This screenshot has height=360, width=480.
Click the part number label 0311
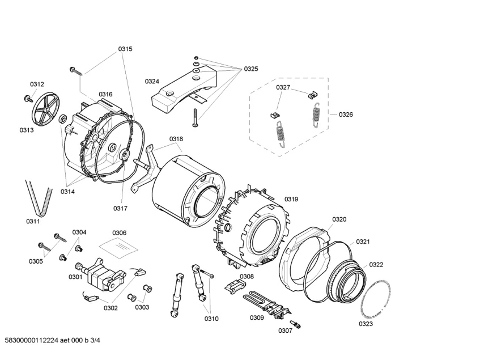click(33, 221)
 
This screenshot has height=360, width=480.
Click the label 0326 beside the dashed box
click(346, 115)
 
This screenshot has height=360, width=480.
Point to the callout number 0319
click(291, 199)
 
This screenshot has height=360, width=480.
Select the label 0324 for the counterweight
click(152, 81)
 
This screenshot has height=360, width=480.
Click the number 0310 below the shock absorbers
click(211, 319)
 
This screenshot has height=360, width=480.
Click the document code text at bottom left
click(56, 340)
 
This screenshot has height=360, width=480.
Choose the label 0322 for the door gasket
click(376, 264)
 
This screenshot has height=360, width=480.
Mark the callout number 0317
click(120, 208)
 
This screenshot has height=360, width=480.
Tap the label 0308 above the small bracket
click(247, 277)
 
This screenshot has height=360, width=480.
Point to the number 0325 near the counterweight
click(251, 69)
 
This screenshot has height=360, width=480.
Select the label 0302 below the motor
click(111, 308)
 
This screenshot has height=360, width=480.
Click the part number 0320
click(339, 219)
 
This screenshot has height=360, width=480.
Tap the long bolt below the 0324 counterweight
click(194, 118)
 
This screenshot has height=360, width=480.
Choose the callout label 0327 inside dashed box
click(283, 87)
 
